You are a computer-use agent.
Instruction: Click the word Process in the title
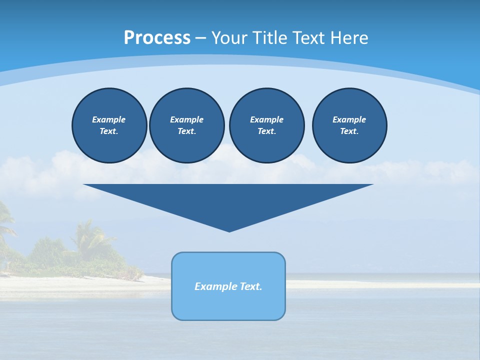tap(157, 38)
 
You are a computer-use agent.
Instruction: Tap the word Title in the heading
tap(268, 38)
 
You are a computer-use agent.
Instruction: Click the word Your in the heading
tap(228, 38)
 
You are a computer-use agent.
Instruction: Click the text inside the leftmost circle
tap(109, 125)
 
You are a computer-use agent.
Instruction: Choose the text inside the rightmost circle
tap(349, 125)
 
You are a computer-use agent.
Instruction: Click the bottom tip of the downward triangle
tap(229, 230)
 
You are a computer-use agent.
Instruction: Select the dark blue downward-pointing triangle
tap(228, 200)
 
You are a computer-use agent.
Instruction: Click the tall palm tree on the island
tap(87, 235)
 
